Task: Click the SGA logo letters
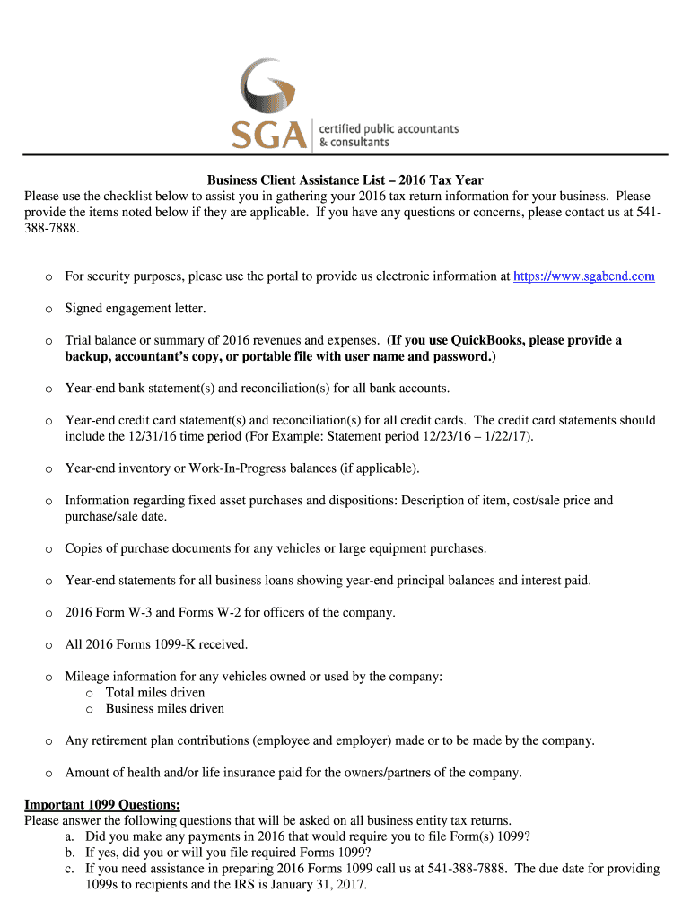click(268, 135)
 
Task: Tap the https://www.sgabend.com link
click(583, 276)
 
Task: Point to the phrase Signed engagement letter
click(136, 309)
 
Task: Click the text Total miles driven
click(155, 693)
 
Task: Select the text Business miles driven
click(165, 709)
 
